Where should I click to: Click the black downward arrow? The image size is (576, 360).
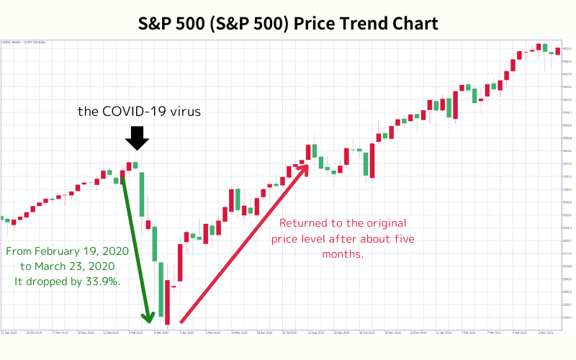point(136,136)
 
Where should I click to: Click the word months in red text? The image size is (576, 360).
point(343,254)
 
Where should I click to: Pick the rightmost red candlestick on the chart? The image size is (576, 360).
point(558,50)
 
